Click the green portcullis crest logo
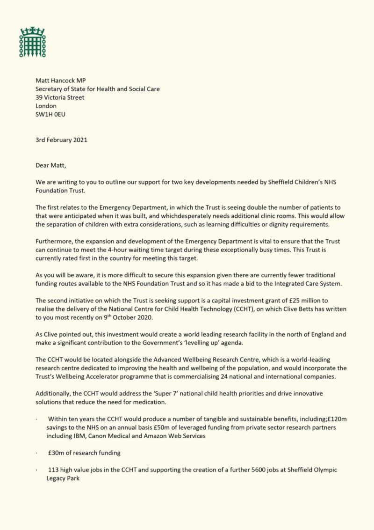tap(32, 42)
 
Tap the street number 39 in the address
tap(40, 97)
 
